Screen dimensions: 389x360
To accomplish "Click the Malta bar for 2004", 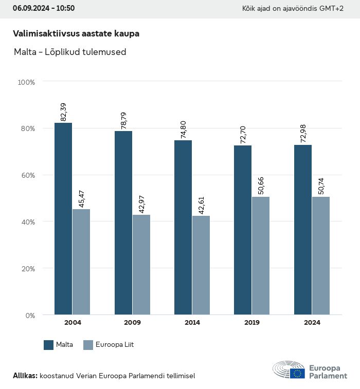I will (x=63, y=218).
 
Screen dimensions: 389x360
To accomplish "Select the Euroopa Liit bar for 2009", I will (x=141, y=265).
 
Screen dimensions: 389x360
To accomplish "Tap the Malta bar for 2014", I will (x=183, y=227).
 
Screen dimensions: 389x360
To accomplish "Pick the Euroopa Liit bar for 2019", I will (x=261, y=255).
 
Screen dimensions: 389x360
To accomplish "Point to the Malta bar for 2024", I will (x=303, y=230).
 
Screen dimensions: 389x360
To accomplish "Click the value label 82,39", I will (x=64, y=112).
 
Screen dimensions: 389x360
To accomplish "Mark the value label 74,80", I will (x=184, y=129).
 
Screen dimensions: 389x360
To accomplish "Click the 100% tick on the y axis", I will (x=26, y=82).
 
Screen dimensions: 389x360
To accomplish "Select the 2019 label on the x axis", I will (x=252, y=323).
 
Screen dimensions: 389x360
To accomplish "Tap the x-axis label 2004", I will (x=73, y=323).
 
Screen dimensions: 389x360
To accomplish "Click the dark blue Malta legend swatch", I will (x=49, y=345).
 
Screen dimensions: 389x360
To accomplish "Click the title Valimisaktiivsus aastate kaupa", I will (x=76, y=33).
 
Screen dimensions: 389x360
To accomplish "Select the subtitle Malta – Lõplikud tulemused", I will (x=69, y=52).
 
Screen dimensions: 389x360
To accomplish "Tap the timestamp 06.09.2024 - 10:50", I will (x=44, y=8).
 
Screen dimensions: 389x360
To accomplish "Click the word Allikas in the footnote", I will (x=25, y=376).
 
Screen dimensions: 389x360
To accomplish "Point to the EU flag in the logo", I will (x=297, y=374).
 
